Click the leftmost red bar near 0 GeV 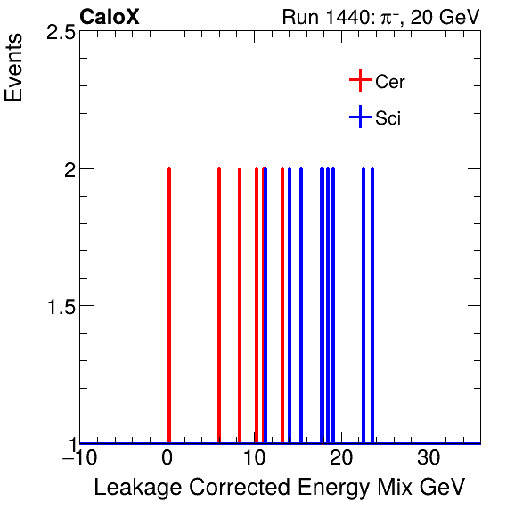click(x=168, y=303)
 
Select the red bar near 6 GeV click(x=219, y=303)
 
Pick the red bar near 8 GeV click(x=239, y=303)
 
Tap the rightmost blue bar click(x=372, y=303)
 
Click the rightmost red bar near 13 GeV click(x=282, y=303)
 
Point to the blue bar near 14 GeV click(x=290, y=303)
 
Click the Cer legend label click(x=390, y=82)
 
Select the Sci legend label click(x=388, y=118)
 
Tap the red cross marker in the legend click(x=359, y=81)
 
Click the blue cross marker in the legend click(x=359, y=117)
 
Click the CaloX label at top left click(x=110, y=17)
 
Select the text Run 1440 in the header click(x=322, y=18)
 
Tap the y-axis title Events click(x=15, y=68)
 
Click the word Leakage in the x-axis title click(x=135, y=489)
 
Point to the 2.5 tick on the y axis click(x=58, y=32)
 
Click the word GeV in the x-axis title click(x=442, y=489)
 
